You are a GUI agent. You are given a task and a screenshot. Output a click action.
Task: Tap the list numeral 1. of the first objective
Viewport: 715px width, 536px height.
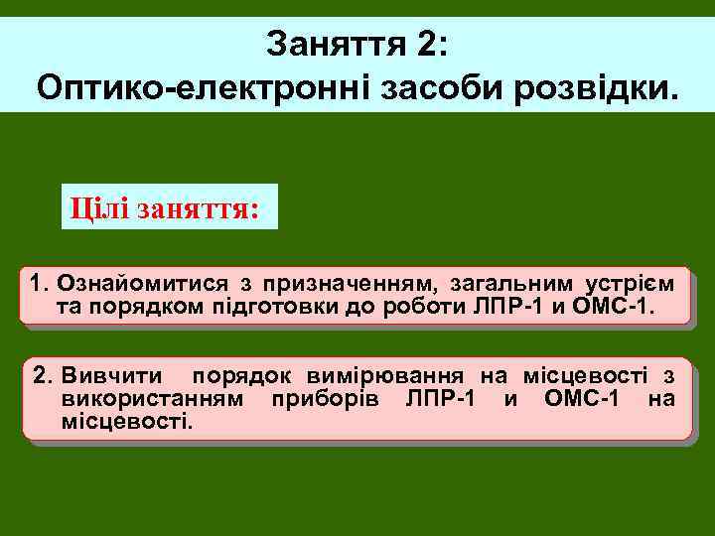click(41, 282)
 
